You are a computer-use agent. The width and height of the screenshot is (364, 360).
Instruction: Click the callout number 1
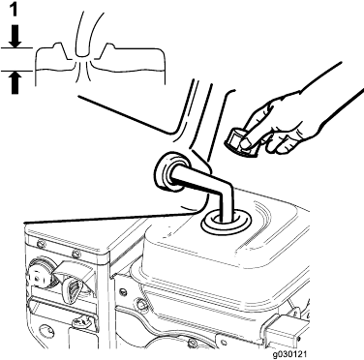[x=14, y=11]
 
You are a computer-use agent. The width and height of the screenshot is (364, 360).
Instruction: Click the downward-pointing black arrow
[x=15, y=37]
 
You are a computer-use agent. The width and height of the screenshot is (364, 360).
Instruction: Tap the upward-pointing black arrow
[x=15, y=82]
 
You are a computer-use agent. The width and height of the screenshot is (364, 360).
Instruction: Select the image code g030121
[x=289, y=354]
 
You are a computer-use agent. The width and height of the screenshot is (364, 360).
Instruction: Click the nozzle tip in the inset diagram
[x=83, y=56]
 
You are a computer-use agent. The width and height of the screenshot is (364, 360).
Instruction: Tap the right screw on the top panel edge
[x=76, y=254]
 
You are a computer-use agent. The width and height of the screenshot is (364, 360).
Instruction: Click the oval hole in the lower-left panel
[x=45, y=332]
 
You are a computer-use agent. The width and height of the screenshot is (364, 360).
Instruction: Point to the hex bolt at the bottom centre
[x=193, y=343]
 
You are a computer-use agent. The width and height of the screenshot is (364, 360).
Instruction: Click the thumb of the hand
[x=250, y=142]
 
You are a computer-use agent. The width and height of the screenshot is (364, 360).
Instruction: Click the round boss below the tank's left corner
[x=140, y=304]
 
